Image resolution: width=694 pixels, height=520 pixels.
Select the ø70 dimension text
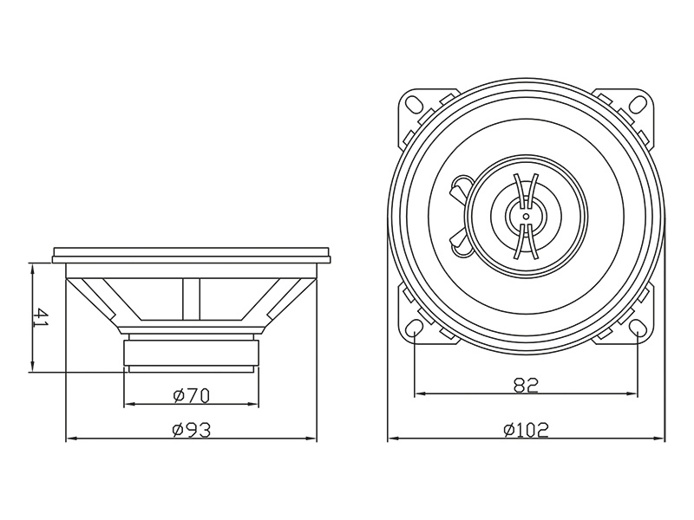point(192,395)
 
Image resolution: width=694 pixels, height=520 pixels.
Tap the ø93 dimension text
point(192,429)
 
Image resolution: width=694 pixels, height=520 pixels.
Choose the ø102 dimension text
point(527,429)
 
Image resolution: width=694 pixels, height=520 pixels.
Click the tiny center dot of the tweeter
point(526,215)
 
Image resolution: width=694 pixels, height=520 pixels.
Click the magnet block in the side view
point(192,354)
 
